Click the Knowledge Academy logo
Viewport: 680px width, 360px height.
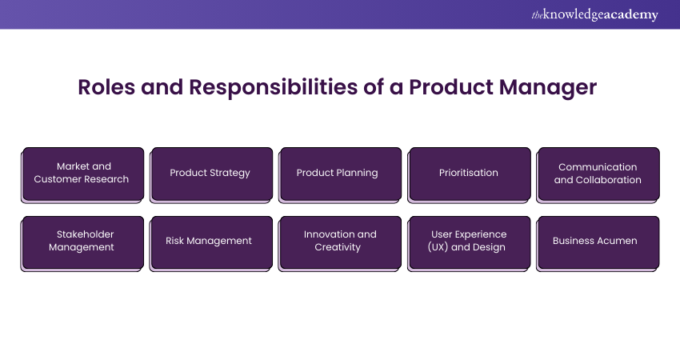click(x=594, y=14)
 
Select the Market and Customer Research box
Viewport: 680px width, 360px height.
click(x=82, y=174)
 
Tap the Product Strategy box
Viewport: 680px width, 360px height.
click(x=211, y=174)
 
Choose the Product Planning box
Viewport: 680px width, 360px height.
click(x=340, y=174)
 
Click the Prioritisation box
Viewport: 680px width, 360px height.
click(x=469, y=174)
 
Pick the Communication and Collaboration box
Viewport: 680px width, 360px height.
click(x=598, y=174)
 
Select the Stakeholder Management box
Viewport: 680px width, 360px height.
click(x=82, y=244)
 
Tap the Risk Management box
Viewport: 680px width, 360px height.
click(x=211, y=244)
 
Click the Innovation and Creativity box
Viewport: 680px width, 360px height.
click(x=340, y=244)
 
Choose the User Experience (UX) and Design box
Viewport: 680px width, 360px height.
click(x=469, y=244)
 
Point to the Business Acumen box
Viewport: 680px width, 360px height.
click(x=598, y=244)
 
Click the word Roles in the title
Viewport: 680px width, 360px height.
click(x=106, y=87)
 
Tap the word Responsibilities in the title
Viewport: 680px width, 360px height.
click(x=274, y=88)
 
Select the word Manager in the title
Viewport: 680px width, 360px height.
click(x=548, y=89)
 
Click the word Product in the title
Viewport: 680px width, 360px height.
click(x=450, y=87)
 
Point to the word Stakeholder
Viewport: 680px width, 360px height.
click(x=85, y=234)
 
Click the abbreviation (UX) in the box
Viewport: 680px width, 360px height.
click(x=438, y=247)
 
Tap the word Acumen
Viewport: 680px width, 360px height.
click(x=616, y=241)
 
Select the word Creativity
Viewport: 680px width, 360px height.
click(x=338, y=247)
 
